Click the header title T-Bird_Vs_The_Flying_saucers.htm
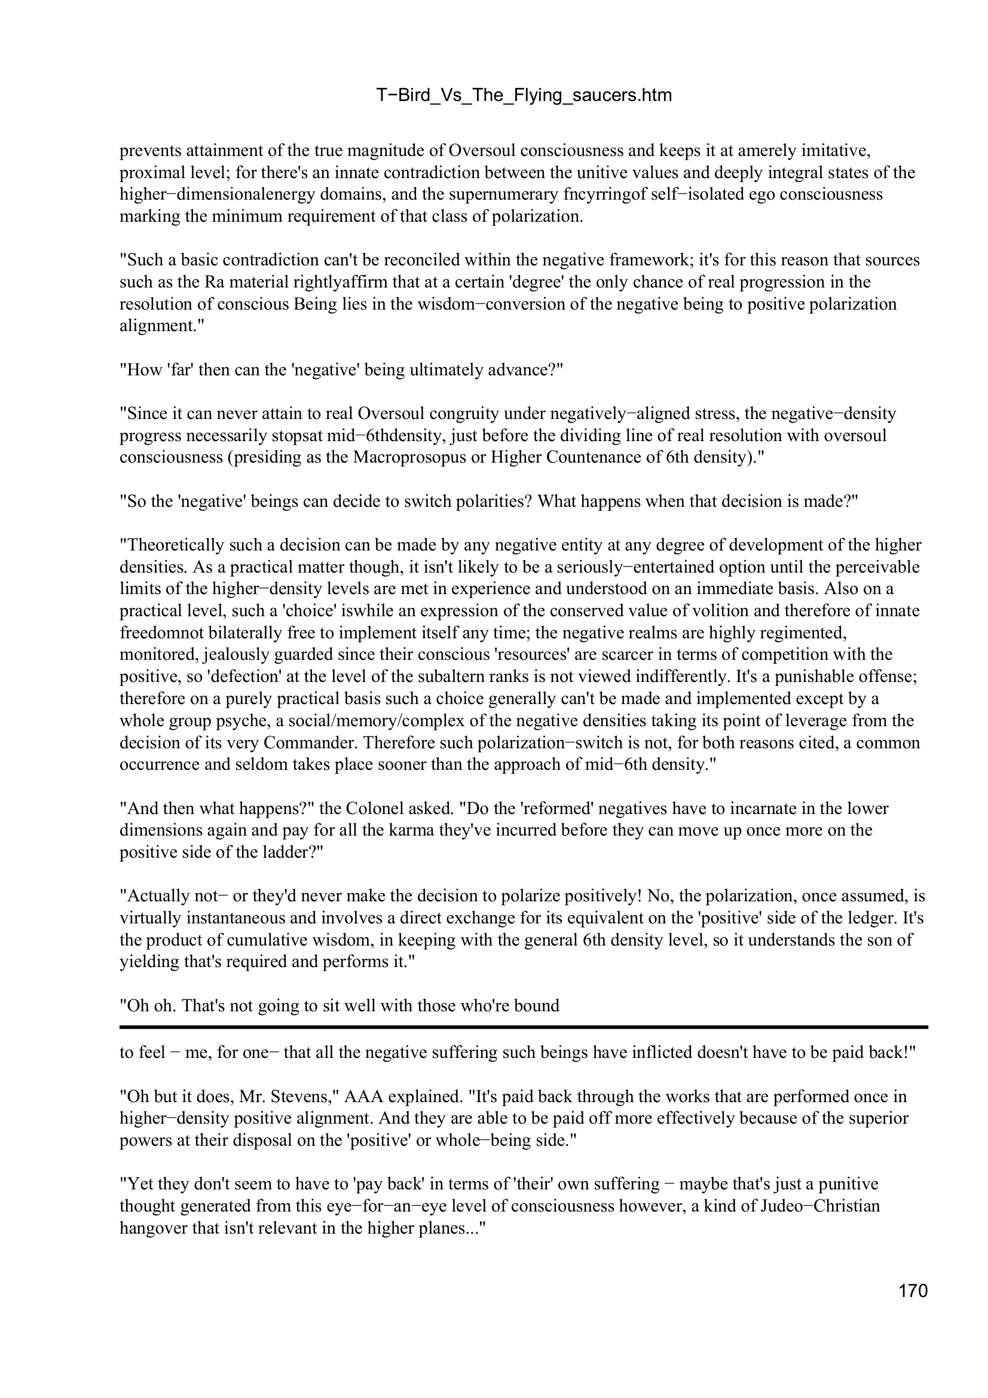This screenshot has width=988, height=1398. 524,95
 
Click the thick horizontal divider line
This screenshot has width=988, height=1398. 524,1027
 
